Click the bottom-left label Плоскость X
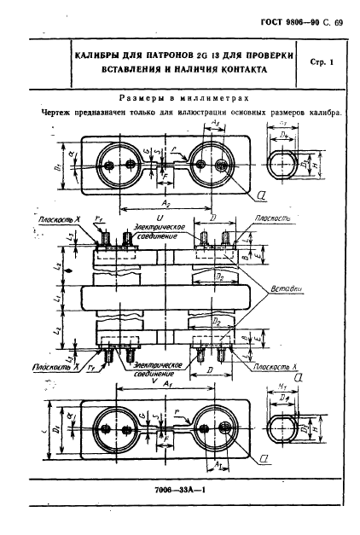[53, 364]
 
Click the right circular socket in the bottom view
[215, 429]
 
